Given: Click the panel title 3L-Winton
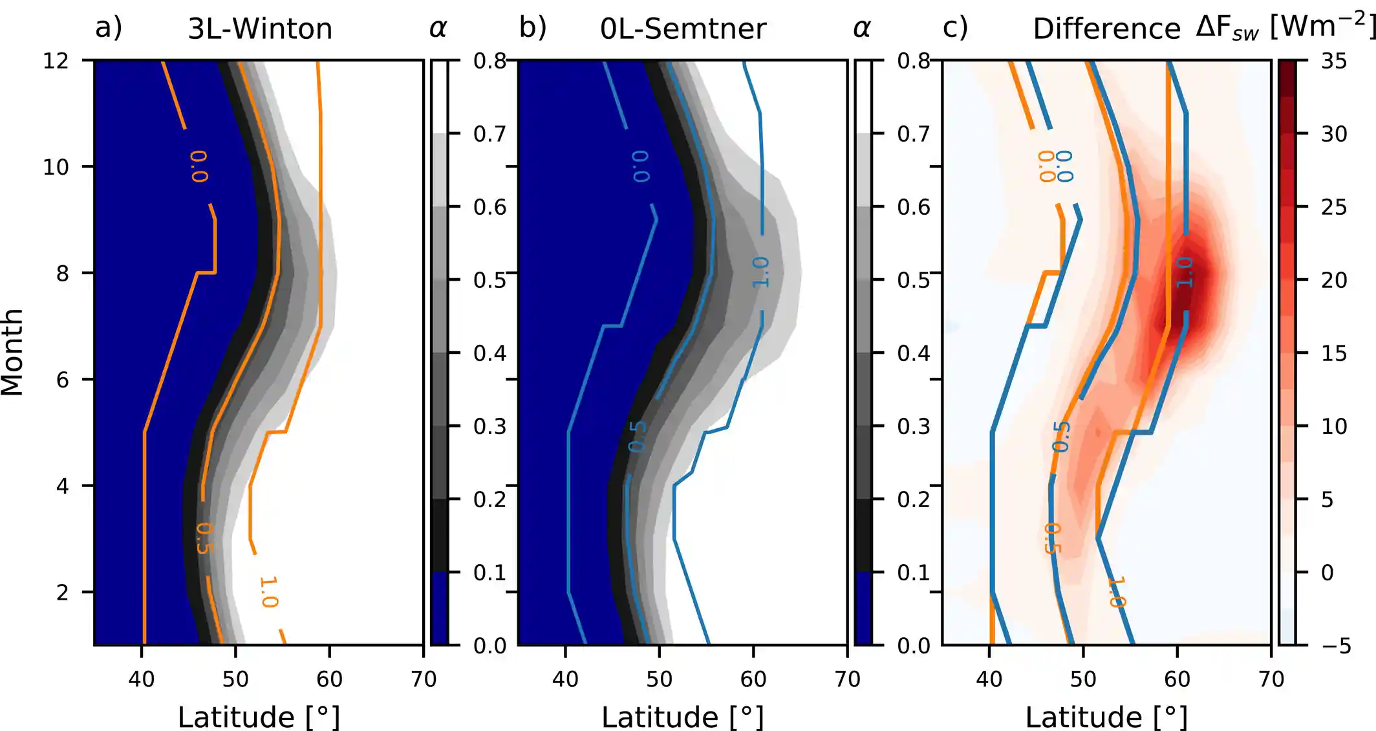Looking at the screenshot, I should coord(260,29).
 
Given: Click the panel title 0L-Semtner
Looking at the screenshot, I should coord(683,29).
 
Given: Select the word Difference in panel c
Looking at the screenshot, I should coord(1106,29).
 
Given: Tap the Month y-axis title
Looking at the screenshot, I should coord(13,353).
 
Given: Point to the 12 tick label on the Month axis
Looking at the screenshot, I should coord(56,61).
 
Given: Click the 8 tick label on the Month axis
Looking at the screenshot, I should coord(62,274).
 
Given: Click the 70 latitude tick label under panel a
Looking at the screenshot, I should coord(424,679).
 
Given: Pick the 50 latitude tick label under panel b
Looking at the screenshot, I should coord(659,679).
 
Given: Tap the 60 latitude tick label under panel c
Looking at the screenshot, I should coord(1177,679).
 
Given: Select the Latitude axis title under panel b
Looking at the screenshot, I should coord(682,717).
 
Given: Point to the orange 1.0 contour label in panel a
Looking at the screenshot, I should coord(268,592).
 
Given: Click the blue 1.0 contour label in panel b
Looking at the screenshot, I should coord(761,272).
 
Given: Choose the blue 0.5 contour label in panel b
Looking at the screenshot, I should coord(638,437).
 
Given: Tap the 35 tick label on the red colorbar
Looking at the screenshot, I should coord(1333,61).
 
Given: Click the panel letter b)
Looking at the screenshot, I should coord(533,28).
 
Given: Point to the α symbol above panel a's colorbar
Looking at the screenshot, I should coord(438,28).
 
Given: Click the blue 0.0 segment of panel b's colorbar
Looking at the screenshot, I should coord(863,608).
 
